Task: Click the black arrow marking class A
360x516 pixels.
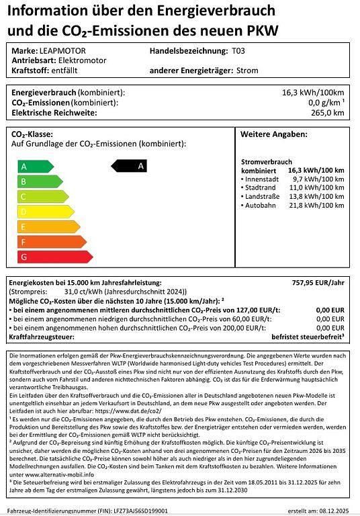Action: [x=131, y=165]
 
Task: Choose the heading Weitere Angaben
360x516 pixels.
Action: [x=273, y=134]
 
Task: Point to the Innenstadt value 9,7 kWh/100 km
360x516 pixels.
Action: [x=318, y=180]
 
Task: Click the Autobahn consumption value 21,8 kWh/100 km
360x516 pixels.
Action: [x=316, y=204]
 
